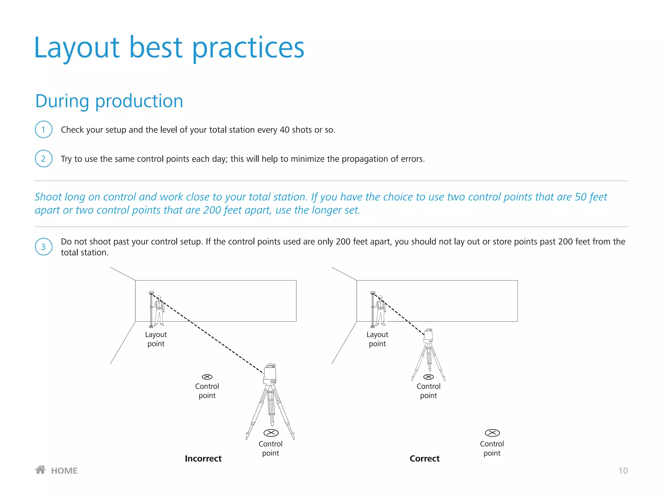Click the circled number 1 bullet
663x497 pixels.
tap(43, 129)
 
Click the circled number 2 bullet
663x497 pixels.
tap(43, 159)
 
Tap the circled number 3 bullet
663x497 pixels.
tap(43, 247)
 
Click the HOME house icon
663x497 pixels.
tap(40, 470)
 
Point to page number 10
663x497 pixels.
tap(623, 471)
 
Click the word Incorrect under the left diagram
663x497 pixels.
tap(203, 458)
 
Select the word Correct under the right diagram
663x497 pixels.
tap(424, 458)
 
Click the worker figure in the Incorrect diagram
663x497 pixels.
tap(159, 311)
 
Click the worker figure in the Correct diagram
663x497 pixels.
tap(381, 311)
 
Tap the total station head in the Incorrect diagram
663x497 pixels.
tap(270, 374)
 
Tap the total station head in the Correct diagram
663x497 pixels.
tap(428, 336)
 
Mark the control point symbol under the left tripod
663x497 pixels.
tap(271, 433)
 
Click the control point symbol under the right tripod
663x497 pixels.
tap(429, 377)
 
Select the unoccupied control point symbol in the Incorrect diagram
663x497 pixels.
tap(207, 377)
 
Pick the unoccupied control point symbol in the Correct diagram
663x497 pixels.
tap(492, 433)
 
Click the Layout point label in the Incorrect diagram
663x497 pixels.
tap(156, 339)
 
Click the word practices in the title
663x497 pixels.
tap(248, 48)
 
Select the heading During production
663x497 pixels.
tap(109, 101)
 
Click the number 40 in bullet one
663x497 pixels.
tap(284, 130)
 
